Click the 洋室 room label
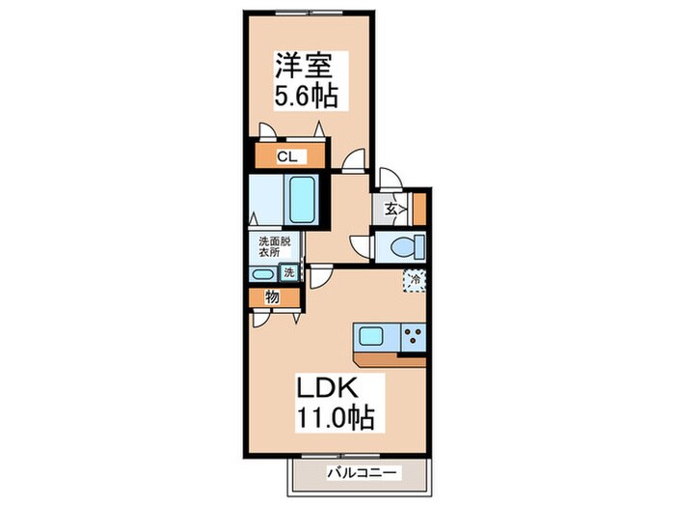(x=304, y=66)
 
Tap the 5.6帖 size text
(x=306, y=96)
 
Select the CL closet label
(x=287, y=156)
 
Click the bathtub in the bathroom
(x=302, y=200)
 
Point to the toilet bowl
(x=407, y=247)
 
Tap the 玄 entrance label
(x=391, y=210)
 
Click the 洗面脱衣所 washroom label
(x=274, y=246)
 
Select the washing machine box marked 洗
(x=289, y=272)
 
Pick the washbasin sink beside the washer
(x=263, y=274)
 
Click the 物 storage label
(x=272, y=297)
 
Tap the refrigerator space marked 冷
(x=415, y=280)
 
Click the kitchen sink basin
(x=371, y=336)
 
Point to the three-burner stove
(x=414, y=336)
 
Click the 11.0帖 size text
(x=335, y=417)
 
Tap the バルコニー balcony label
(x=362, y=473)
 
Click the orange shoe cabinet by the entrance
(x=419, y=210)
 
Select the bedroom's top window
(x=310, y=13)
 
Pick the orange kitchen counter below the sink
(x=390, y=360)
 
